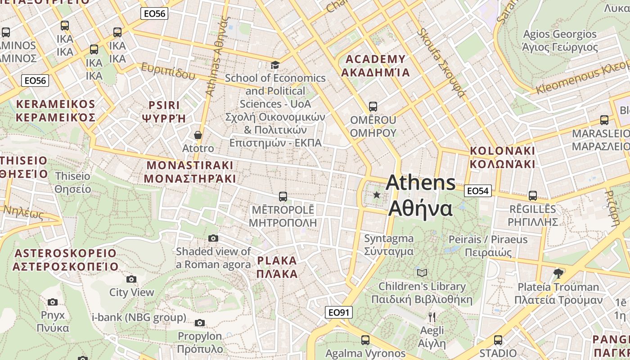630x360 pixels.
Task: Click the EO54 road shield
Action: tap(477, 191)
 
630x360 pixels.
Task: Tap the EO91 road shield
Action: tap(338, 312)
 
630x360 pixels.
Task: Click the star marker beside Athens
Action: tap(377, 195)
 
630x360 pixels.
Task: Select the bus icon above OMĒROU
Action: tap(373, 107)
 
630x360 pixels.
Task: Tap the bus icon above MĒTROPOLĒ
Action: tap(283, 197)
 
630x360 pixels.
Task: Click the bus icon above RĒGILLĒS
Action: tap(533, 196)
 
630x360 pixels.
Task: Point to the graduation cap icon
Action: tap(275, 65)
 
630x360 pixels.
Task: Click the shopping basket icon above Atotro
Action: tap(198, 135)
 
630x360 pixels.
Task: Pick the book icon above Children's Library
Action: tap(422, 273)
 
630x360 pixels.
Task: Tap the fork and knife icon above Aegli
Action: tap(432, 317)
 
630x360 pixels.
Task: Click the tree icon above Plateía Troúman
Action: tap(558, 273)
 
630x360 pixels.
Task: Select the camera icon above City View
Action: tap(131, 279)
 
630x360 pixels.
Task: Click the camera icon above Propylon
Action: tap(200, 323)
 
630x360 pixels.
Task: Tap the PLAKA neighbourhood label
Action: tap(277, 267)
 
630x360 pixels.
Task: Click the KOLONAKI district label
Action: tap(502, 157)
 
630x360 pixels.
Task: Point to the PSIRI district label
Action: tap(164, 112)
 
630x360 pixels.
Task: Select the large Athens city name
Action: tap(420, 196)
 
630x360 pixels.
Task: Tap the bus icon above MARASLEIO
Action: tap(604, 120)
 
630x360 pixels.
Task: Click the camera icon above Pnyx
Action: tap(53, 302)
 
